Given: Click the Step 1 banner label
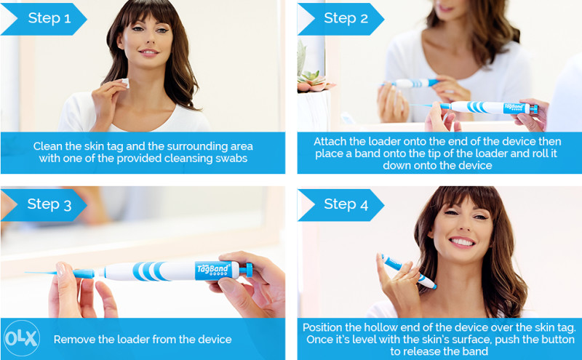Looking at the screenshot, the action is pyautogui.click(x=49, y=18).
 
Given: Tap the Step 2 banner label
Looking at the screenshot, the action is pyautogui.click(x=346, y=18).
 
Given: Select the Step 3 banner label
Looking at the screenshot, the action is pyautogui.click(x=49, y=204).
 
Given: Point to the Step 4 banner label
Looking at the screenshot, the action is pyautogui.click(x=346, y=204).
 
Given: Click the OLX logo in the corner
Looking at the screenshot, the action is pyautogui.click(x=22, y=338).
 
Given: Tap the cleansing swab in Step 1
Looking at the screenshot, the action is pyautogui.click(x=125, y=83).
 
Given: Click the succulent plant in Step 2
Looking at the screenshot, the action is pyautogui.click(x=313, y=81).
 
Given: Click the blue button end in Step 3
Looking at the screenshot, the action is pyautogui.click(x=247, y=270).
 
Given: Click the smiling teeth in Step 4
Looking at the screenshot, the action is pyautogui.click(x=462, y=242).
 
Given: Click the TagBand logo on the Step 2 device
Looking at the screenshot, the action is pyautogui.click(x=515, y=108).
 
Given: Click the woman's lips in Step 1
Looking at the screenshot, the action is pyautogui.click(x=149, y=52).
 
